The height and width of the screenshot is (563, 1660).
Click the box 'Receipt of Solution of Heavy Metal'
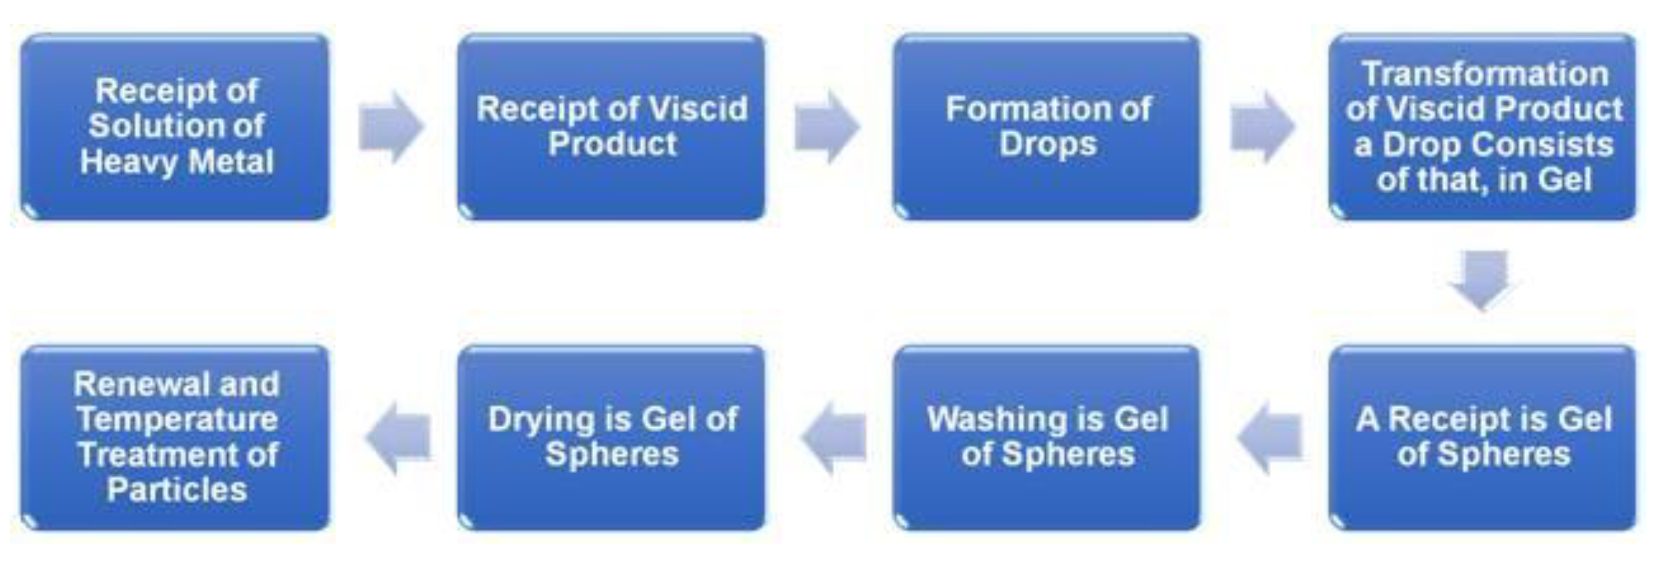175,126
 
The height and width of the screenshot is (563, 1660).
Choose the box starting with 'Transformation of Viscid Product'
1482,126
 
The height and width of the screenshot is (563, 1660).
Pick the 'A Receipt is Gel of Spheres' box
1482,437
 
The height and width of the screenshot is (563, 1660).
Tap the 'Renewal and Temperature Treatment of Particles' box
175,437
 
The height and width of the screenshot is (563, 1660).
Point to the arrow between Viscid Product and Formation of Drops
827,126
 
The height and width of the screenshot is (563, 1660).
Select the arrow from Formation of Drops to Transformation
1262,126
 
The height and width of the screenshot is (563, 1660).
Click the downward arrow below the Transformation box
1483,279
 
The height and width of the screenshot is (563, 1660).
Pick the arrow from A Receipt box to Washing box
1270,437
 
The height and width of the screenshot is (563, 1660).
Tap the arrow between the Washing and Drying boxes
834,437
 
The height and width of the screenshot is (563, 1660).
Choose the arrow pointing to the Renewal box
398,437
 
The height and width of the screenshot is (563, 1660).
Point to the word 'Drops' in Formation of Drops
1048,144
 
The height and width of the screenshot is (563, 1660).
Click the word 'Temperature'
177,419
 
